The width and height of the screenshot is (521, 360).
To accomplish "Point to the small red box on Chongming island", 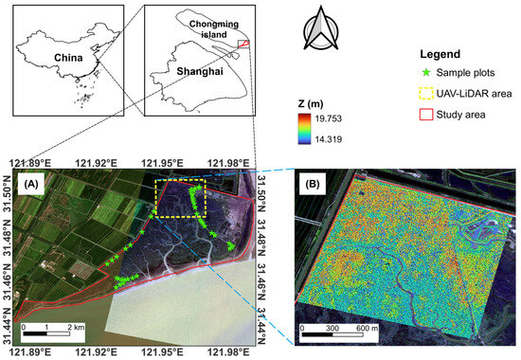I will point(243,43).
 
